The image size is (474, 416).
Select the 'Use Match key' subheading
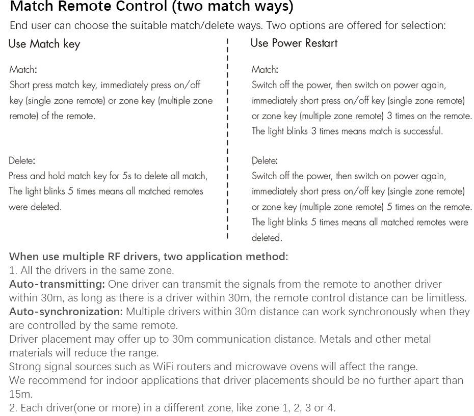[x=44, y=44]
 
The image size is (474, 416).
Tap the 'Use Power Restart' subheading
[x=294, y=43]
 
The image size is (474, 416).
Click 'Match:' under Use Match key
[x=23, y=70]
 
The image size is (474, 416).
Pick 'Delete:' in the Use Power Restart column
[x=265, y=161]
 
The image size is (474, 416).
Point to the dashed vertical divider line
[x=227, y=137]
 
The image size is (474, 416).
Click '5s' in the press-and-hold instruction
[x=127, y=176]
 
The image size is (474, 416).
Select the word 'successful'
[x=422, y=131]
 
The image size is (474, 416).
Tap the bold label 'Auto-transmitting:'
[x=57, y=284]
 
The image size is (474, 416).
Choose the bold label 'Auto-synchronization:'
[x=66, y=311]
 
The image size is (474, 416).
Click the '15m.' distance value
[x=20, y=394]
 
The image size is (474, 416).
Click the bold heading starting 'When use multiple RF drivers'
[x=148, y=256]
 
